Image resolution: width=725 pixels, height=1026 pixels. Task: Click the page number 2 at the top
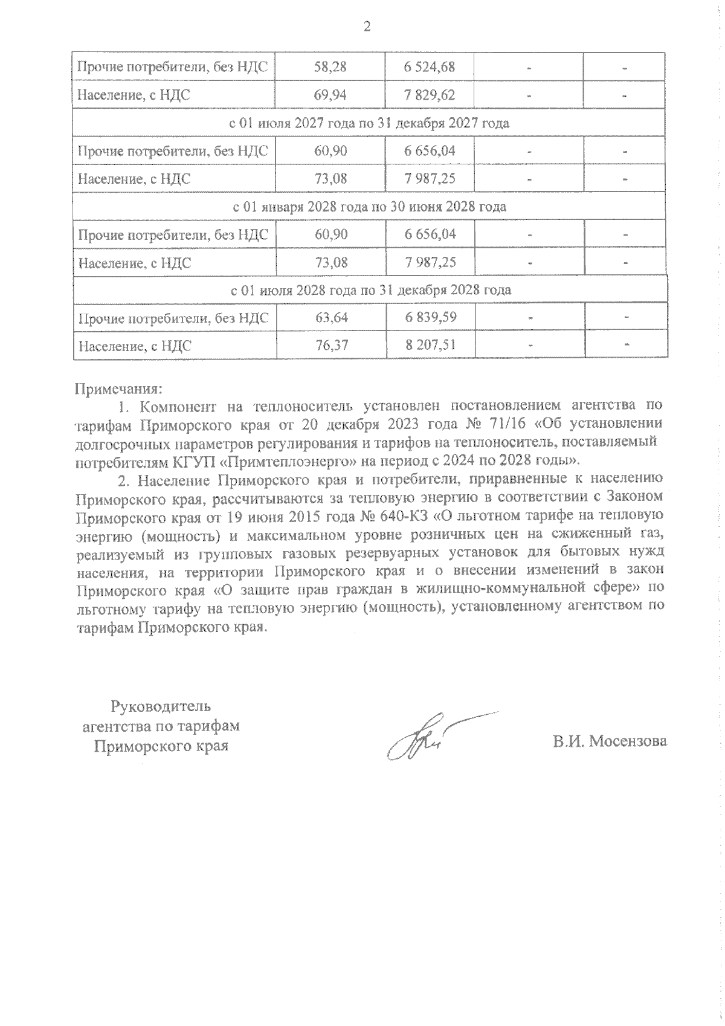pyautogui.click(x=364, y=26)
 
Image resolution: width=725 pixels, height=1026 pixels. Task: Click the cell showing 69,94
pyautogui.click(x=330, y=95)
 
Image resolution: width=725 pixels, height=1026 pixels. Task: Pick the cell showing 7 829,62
pyautogui.click(x=430, y=95)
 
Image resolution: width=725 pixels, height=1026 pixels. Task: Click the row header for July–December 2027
pyautogui.click(x=369, y=123)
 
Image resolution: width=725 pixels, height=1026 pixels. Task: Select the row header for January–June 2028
pyautogui.click(x=369, y=207)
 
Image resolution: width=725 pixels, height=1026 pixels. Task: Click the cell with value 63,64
pyautogui.click(x=330, y=318)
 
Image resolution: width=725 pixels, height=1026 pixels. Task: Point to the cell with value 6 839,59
pyautogui.click(x=430, y=318)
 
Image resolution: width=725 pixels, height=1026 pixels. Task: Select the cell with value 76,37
pyautogui.click(x=330, y=346)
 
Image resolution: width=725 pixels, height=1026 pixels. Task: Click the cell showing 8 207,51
pyautogui.click(x=430, y=346)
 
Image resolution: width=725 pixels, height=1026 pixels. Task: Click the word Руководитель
pyautogui.click(x=160, y=706)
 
